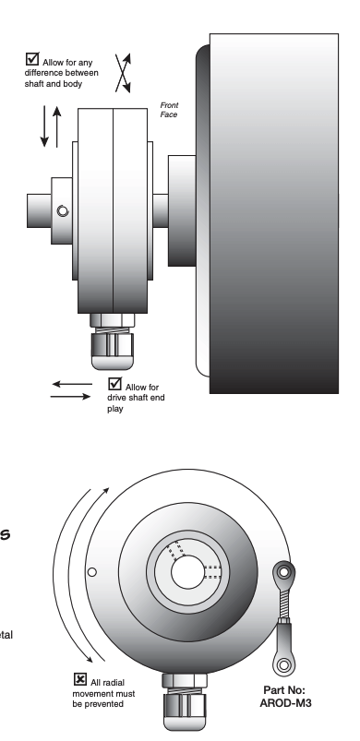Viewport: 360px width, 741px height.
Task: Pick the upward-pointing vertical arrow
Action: [57, 125]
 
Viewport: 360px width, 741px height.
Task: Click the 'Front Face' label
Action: [169, 109]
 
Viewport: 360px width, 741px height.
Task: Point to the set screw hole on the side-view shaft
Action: [62, 211]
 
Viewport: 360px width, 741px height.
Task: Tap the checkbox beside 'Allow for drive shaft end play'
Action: [114, 383]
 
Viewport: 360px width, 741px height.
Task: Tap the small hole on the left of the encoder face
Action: [90, 572]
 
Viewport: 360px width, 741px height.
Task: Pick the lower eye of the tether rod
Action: [282, 663]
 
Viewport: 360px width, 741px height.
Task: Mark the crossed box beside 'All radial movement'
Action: [79, 679]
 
